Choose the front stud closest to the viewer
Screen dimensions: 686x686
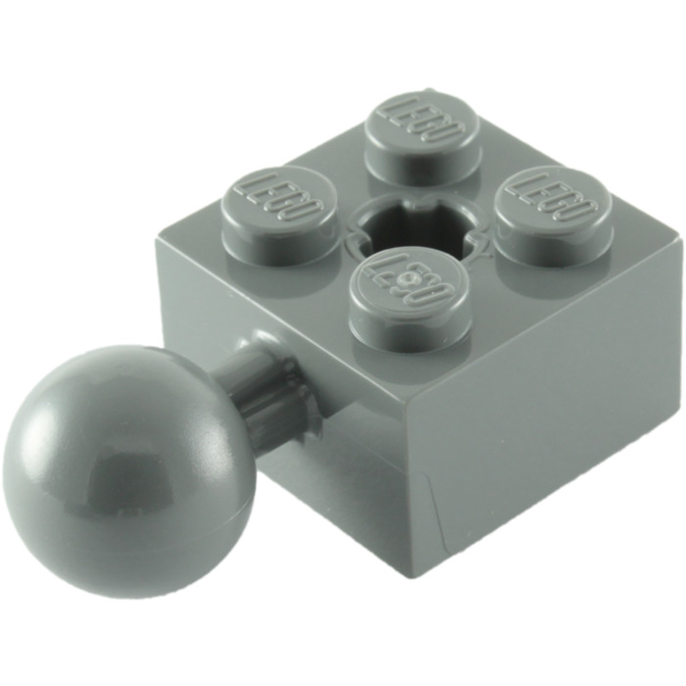(406, 289)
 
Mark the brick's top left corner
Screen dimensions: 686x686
(157, 235)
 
